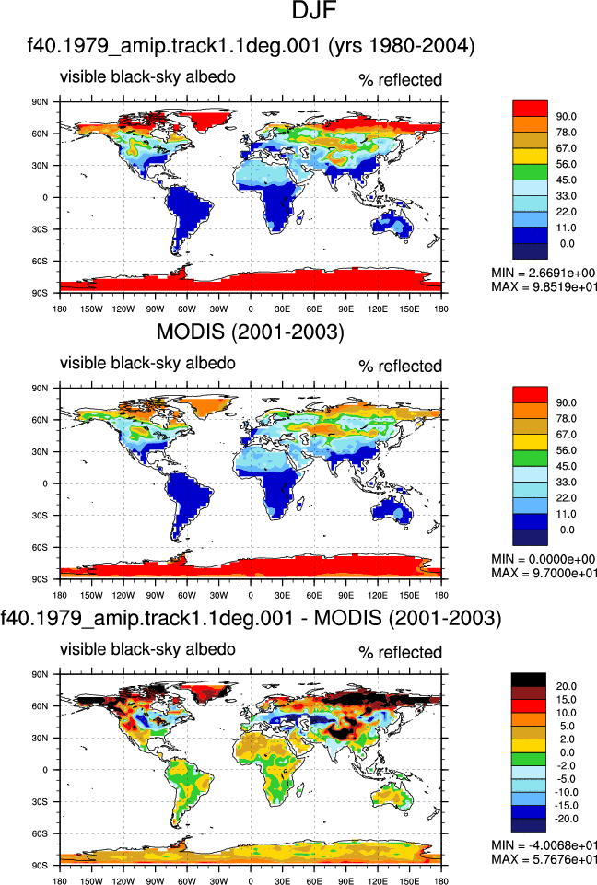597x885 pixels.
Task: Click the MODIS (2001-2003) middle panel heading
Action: coord(251,332)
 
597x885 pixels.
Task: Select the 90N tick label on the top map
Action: coord(41,102)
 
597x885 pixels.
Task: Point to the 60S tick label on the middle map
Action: coord(41,547)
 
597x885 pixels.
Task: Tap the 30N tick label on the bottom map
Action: coord(41,739)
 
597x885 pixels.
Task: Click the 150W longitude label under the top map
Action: coord(91,309)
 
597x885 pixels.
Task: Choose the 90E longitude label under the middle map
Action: coord(345,596)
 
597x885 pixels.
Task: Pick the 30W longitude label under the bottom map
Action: coord(218,881)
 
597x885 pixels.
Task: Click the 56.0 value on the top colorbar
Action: coord(566,164)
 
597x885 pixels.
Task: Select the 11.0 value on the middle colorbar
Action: coord(566,514)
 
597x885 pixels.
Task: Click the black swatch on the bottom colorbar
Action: coord(529,680)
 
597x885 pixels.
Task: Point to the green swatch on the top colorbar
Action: coord(530,172)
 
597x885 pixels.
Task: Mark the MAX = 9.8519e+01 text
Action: coord(544,286)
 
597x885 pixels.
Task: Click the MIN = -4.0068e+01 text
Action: coord(544,845)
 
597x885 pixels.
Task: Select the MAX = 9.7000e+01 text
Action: coord(544,573)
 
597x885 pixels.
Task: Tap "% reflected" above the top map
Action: coord(401,80)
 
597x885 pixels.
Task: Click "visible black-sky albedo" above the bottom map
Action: coord(148,649)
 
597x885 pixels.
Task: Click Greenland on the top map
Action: coord(208,120)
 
